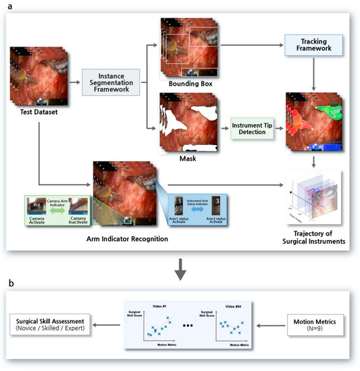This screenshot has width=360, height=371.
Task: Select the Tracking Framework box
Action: tap(314, 46)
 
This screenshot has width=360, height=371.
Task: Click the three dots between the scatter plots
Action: tap(190, 327)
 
